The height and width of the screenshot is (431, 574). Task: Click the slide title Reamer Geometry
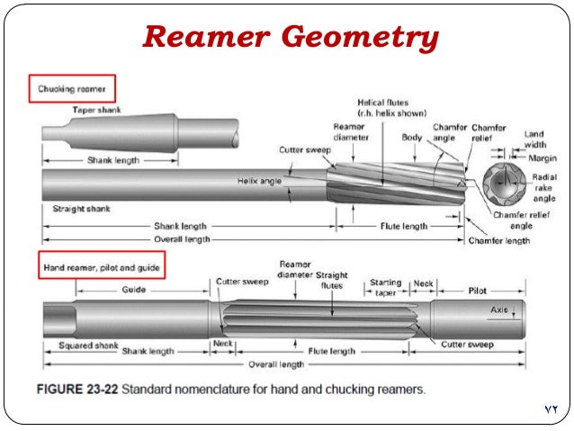[x=291, y=37]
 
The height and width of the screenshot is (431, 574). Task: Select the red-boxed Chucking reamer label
[x=76, y=90]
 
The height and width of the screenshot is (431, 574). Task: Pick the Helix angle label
[x=262, y=180]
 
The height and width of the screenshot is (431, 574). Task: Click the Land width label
[x=537, y=139]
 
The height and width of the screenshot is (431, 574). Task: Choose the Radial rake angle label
[x=545, y=187]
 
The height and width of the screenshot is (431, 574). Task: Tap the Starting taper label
[x=385, y=288]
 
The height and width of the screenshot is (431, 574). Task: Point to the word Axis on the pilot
[x=501, y=310]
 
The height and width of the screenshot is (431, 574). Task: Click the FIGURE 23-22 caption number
[x=77, y=391]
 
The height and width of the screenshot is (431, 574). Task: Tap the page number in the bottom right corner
[x=552, y=409]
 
